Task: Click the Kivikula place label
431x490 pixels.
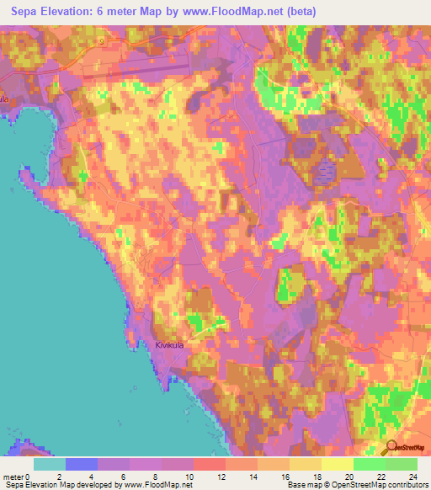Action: click(x=169, y=344)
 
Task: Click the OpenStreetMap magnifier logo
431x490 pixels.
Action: click(x=392, y=447)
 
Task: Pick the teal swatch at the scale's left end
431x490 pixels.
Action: click(x=50, y=464)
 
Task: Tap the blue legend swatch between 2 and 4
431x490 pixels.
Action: click(x=82, y=464)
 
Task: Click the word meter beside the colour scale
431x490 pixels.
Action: click(x=13, y=477)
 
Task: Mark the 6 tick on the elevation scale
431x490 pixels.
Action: click(x=130, y=477)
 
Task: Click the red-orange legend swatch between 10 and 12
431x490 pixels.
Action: click(x=210, y=464)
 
